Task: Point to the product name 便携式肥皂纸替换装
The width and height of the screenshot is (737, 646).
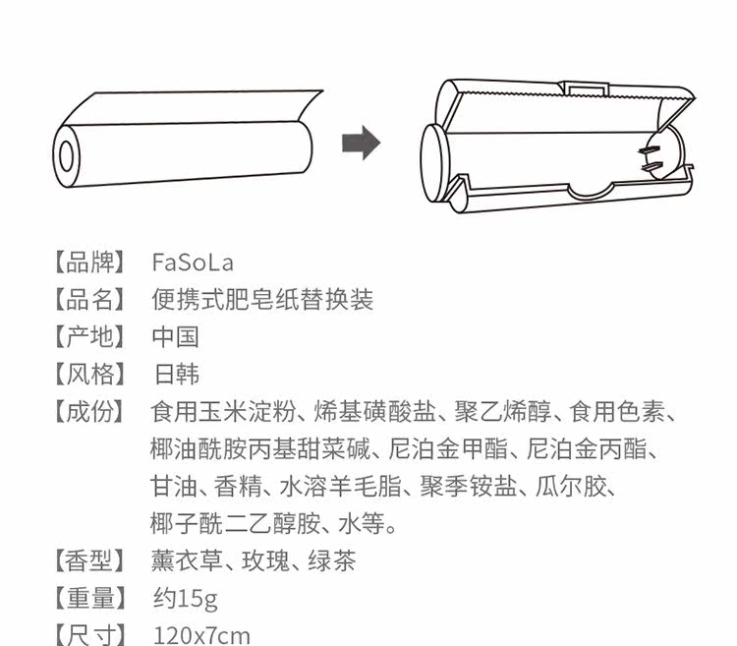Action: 262,300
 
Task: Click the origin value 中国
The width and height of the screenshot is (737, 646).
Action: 176,337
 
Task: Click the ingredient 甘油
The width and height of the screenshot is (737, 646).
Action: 171,487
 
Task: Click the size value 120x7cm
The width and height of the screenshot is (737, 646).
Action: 201,634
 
